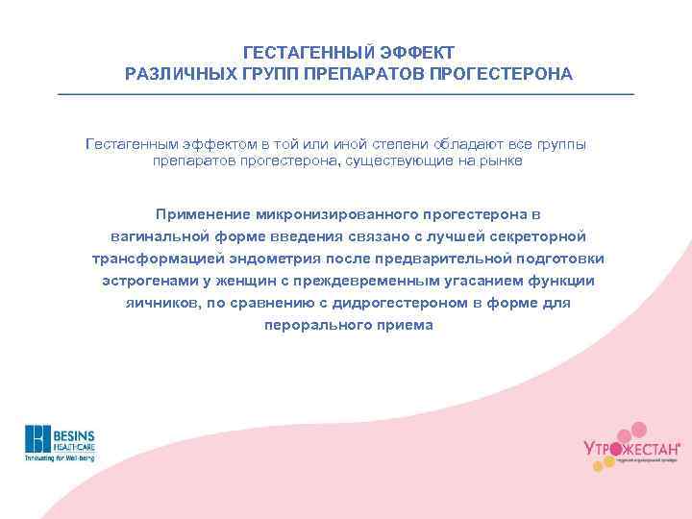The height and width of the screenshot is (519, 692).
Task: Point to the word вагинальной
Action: [x=158, y=235]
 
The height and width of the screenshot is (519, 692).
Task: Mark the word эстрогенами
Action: [x=147, y=281]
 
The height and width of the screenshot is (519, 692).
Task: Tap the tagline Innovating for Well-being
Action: [x=59, y=458]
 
